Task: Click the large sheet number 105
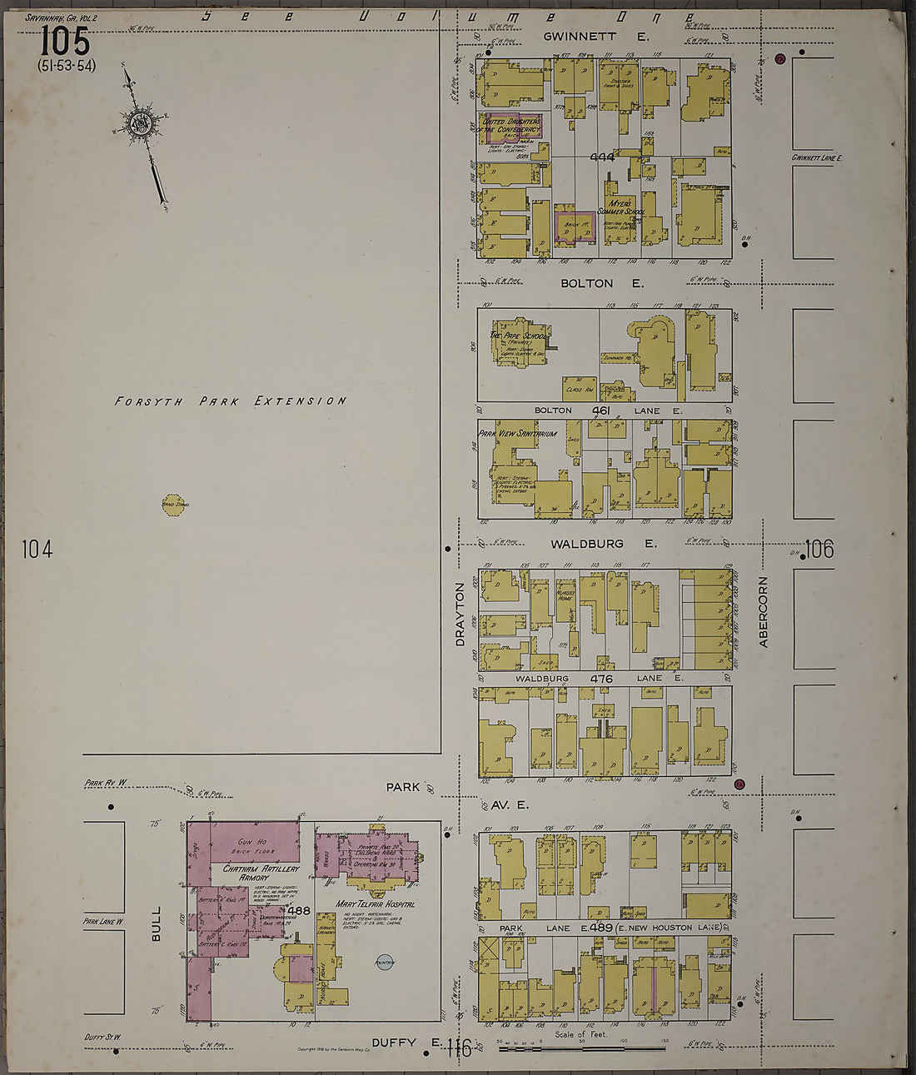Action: pos(63,40)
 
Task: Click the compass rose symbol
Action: pos(138,123)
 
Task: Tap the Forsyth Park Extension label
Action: pos(230,401)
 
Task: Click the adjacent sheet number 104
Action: pos(37,549)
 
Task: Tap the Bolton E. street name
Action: pos(601,283)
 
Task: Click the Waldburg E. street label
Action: pos(603,544)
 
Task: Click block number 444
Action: pos(601,157)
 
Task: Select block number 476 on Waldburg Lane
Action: pos(601,679)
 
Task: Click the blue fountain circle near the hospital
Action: pos(384,961)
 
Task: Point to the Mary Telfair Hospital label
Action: pos(375,903)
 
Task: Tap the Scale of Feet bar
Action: pos(581,1047)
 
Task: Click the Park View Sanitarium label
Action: pos(505,434)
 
